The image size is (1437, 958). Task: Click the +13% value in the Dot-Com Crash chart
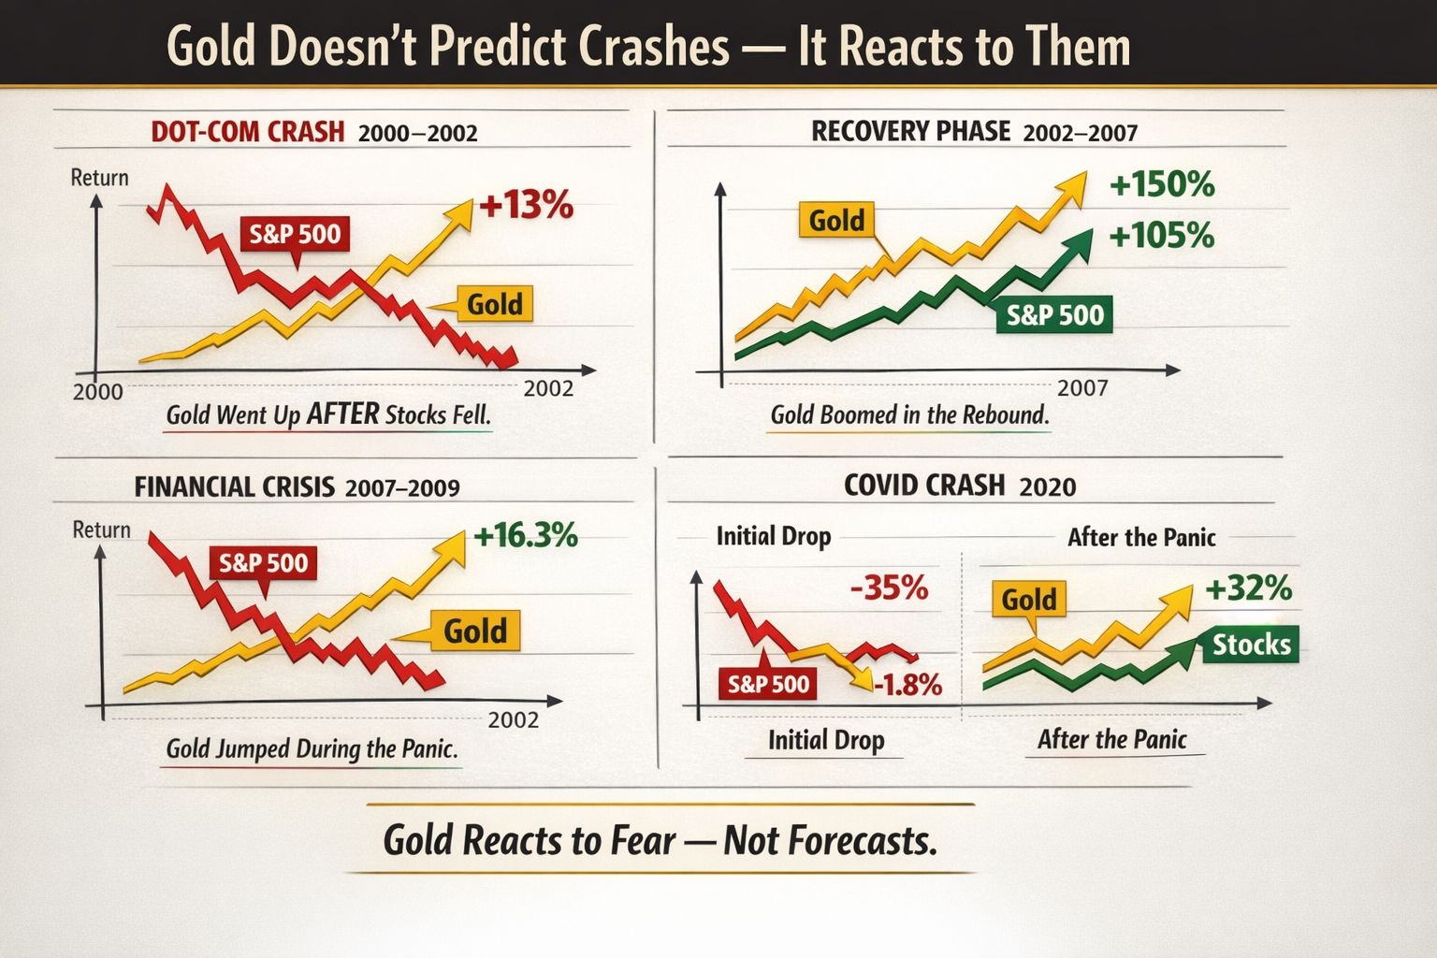(x=526, y=205)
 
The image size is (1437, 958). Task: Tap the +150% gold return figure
(x=1162, y=184)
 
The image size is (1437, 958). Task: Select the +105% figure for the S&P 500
(x=1161, y=235)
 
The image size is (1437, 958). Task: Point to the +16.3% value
(x=526, y=536)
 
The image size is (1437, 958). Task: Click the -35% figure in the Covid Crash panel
(x=889, y=588)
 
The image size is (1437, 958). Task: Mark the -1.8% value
(x=907, y=685)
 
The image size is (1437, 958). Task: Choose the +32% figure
(x=1248, y=588)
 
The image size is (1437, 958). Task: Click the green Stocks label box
(x=1251, y=644)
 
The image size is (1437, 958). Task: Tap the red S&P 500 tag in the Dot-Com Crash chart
(x=295, y=233)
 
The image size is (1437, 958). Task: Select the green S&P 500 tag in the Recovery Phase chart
(x=1054, y=315)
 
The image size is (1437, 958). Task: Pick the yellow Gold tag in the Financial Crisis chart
(x=475, y=631)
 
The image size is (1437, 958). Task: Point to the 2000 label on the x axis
(x=97, y=391)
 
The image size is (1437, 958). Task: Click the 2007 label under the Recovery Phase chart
(x=1082, y=387)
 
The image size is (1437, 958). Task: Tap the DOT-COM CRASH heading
(x=248, y=131)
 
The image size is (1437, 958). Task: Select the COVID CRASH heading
(x=924, y=486)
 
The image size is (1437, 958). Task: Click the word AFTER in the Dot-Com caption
(x=343, y=414)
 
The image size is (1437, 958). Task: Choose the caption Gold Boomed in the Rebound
(x=909, y=414)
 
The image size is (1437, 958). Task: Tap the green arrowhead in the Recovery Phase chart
(x=1079, y=241)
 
